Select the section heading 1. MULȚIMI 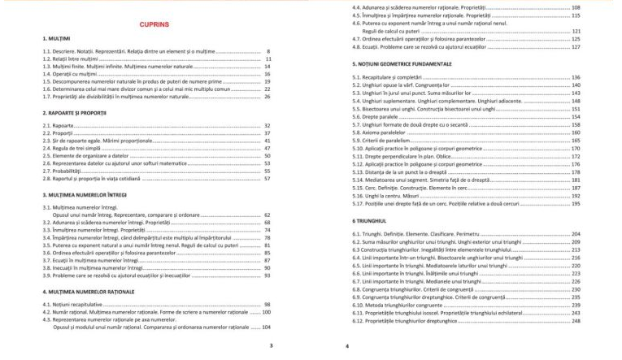coord(56,39)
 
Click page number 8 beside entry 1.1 coord(268,52)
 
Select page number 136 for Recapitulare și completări coord(576,77)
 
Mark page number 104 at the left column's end coord(266,327)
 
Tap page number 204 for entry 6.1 coord(576,234)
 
